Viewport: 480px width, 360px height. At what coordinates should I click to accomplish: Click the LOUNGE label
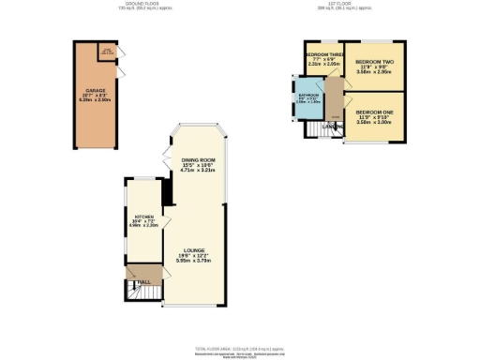click(x=194, y=250)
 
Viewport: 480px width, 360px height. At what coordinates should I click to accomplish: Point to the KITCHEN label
click(x=143, y=217)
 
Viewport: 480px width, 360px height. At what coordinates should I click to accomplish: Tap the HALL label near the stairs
click(x=145, y=279)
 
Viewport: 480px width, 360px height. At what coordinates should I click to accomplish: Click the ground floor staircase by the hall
click(x=137, y=293)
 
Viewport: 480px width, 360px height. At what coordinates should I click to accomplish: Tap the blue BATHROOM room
click(x=309, y=101)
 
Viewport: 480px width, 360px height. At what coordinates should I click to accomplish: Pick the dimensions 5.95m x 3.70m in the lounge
click(x=194, y=262)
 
